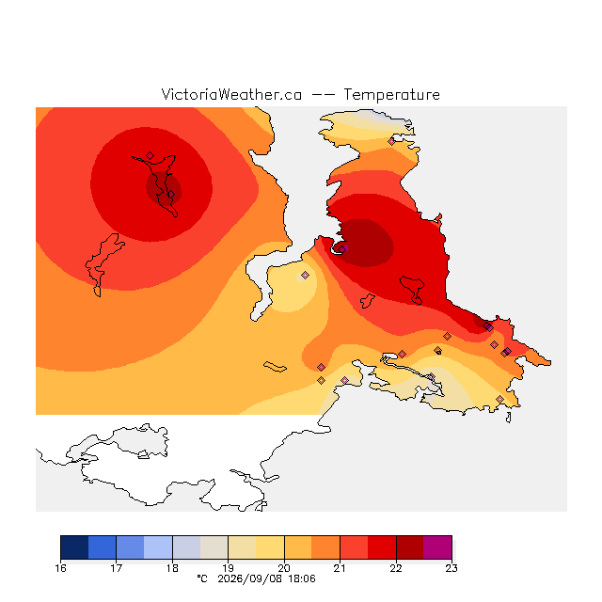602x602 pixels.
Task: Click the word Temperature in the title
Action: click(391, 94)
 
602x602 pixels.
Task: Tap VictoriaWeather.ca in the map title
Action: click(231, 94)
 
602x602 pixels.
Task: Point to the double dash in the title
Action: click(323, 95)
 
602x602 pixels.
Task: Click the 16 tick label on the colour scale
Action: click(60, 568)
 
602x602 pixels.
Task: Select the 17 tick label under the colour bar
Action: click(117, 568)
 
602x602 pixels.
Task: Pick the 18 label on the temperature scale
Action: click(172, 568)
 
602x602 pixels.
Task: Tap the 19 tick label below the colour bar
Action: click(228, 568)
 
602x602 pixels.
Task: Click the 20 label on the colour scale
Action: click(284, 568)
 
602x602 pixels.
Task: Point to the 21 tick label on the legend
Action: click(340, 568)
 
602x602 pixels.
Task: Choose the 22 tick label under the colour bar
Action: click(396, 568)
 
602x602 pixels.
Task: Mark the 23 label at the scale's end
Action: click(451, 568)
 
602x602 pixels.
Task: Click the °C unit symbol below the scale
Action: click(202, 578)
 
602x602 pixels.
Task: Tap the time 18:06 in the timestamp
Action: click(302, 578)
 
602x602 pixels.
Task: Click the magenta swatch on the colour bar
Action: click(437, 547)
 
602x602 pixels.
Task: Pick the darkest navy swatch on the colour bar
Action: click(74, 547)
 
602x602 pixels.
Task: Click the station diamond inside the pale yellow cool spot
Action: click(305, 275)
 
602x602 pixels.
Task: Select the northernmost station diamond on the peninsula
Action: click(391, 142)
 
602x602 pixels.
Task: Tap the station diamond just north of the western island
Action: click(150, 155)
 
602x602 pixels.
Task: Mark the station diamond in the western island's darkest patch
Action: click(171, 195)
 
